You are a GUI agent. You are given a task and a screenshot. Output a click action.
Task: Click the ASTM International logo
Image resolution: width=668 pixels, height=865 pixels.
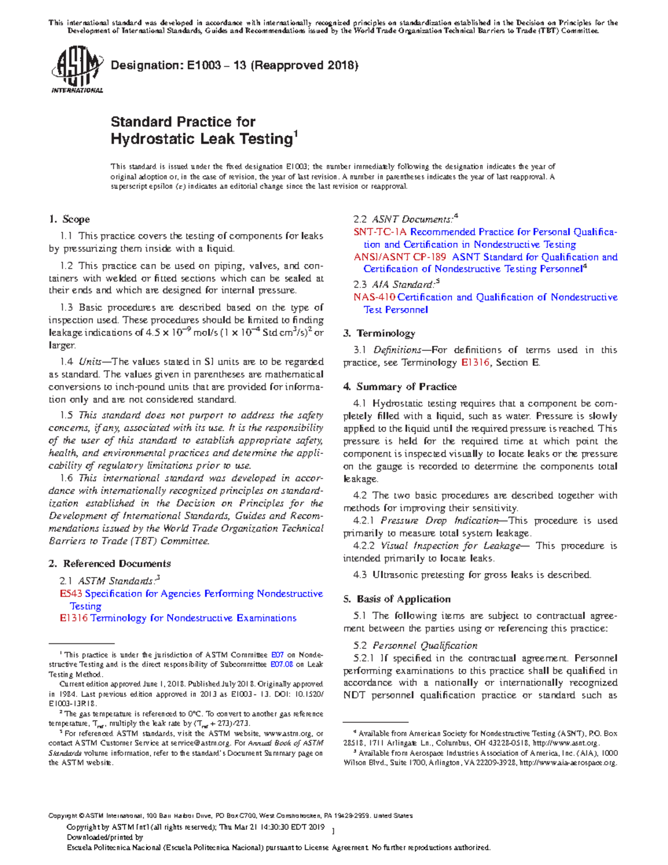[77, 70]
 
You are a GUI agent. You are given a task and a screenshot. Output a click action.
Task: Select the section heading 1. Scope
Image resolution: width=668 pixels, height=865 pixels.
[69, 219]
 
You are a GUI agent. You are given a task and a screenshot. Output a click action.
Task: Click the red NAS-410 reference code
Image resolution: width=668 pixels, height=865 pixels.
[375, 297]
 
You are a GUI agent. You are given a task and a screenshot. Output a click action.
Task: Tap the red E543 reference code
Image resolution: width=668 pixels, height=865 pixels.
[71, 594]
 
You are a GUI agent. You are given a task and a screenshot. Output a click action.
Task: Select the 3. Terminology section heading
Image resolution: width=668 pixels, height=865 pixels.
[379, 334]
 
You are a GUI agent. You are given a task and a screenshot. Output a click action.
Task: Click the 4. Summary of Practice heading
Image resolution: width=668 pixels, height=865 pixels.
[400, 387]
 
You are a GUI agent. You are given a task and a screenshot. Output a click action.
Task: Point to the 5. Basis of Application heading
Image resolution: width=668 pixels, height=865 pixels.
[397, 599]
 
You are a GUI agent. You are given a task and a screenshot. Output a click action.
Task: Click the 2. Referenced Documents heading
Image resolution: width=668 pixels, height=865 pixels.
[110, 564]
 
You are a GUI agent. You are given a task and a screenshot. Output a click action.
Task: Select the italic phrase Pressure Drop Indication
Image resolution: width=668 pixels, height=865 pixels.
[439, 521]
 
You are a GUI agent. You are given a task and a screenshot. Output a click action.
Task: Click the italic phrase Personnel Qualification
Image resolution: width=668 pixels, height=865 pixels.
[425, 646]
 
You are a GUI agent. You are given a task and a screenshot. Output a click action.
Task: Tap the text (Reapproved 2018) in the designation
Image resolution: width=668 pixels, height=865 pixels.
[304, 66]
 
